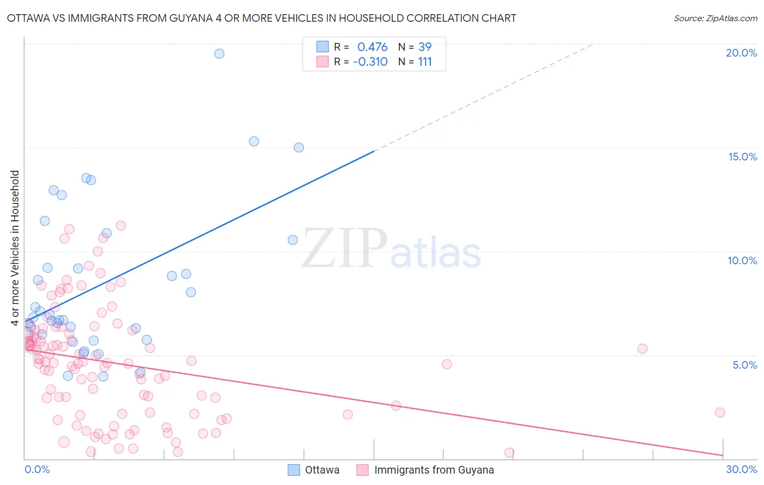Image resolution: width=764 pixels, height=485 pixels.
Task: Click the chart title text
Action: [261, 18]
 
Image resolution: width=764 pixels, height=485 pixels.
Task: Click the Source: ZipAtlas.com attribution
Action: [715, 18]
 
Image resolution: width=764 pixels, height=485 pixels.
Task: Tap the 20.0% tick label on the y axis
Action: [741, 53]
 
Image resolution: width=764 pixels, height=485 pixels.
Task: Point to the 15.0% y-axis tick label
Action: [742, 157]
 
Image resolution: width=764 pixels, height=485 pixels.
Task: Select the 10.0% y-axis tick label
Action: [742, 260]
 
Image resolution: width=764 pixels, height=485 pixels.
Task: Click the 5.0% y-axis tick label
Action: [744, 365]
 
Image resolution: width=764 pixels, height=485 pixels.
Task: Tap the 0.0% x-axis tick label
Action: [37, 469]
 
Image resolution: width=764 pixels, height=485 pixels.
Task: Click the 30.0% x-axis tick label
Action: [741, 469]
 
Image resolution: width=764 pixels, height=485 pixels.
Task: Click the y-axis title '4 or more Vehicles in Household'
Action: [15, 248]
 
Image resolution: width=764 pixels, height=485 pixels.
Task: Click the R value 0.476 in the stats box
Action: [372, 47]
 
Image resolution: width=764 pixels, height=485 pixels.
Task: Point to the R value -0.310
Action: [370, 62]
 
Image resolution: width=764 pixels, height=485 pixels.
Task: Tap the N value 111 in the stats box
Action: [425, 62]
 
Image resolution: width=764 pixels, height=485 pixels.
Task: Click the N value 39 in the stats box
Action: [425, 47]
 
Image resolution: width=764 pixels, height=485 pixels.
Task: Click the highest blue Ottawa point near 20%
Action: [219, 53]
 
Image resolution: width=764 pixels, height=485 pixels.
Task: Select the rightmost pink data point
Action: [719, 412]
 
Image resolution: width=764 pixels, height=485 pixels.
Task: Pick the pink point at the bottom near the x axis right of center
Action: [509, 452]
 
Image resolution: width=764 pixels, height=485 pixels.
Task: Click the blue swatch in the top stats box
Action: [322, 47]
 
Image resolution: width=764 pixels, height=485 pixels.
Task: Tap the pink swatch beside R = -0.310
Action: [322, 61]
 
